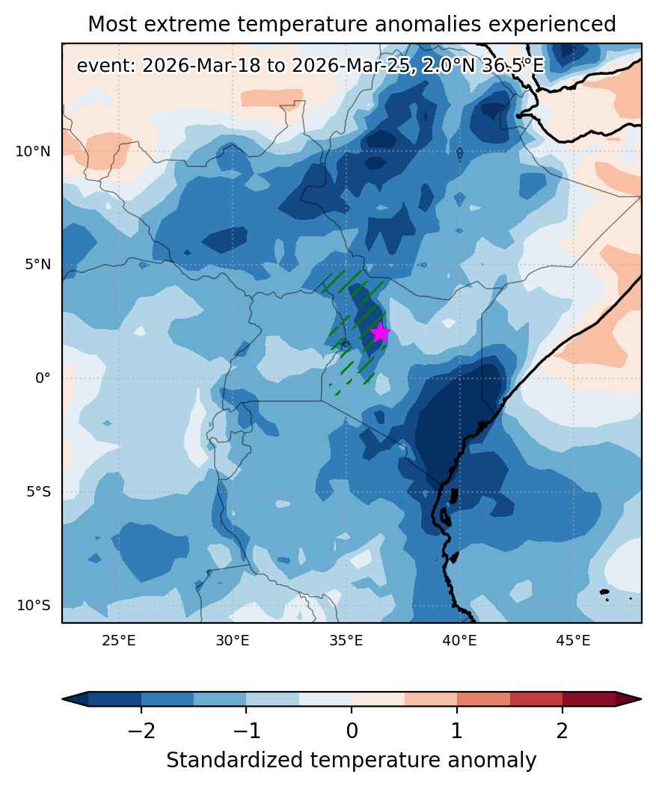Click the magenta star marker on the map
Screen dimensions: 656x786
tap(381, 332)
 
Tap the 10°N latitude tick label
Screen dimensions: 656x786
tap(33, 151)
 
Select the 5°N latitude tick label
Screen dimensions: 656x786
tap(38, 264)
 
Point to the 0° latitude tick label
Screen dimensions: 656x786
tap(43, 378)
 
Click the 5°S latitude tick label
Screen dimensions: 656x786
tap(39, 492)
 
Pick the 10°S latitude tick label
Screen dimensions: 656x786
tap(34, 605)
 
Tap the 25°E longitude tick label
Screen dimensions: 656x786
tap(119, 640)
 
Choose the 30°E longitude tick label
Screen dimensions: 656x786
tap(232, 640)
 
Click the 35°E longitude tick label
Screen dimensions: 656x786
tap(346, 640)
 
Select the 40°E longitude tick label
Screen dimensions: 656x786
tap(459, 640)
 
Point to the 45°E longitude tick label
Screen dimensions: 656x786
tap(573, 640)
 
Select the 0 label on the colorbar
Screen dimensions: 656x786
tap(352, 731)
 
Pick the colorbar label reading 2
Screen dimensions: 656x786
tap(562, 731)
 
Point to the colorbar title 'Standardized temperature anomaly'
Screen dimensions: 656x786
tap(351, 761)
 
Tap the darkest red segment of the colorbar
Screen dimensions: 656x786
tap(589, 699)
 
